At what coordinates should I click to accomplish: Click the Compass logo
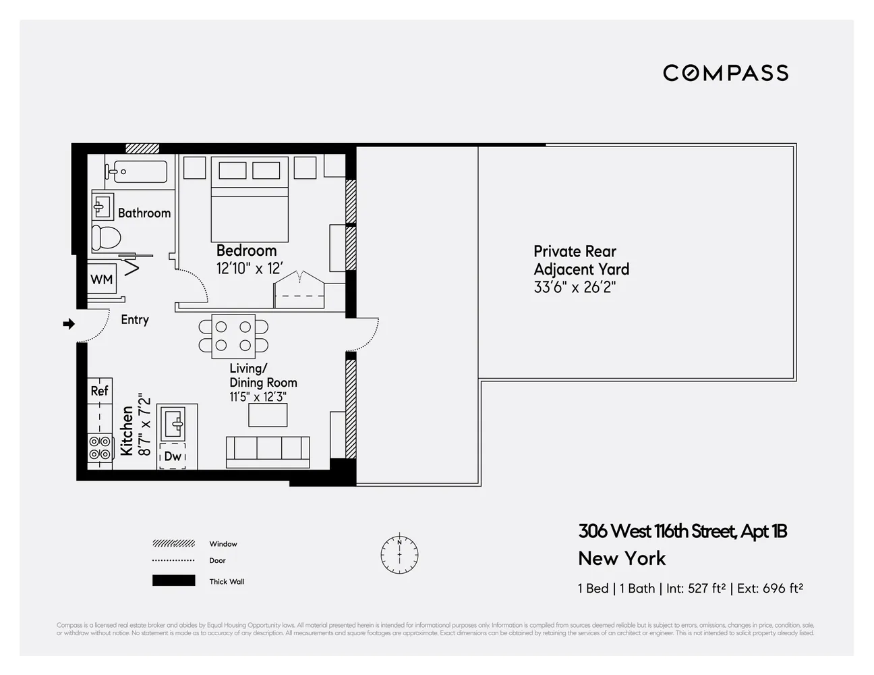tap(726, 73)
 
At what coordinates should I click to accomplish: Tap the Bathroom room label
tap(144, 213)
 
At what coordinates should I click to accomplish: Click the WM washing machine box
tap(102, 279)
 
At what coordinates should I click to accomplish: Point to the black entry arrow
tap(69, 325)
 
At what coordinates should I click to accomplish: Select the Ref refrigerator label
tap(99, 391)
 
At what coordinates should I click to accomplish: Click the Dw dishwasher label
tap(173, 456)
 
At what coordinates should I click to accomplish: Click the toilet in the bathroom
tap(107, 237)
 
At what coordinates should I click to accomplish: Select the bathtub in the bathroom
tap(136, 171)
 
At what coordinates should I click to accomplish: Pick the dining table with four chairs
tap(233, 336)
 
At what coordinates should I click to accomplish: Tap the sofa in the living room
tap(268, 452)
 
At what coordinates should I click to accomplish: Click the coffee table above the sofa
tap(268, 415)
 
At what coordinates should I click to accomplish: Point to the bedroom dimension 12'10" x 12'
tap(249, 269)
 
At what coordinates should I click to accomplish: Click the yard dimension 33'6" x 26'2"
tap(575, 287)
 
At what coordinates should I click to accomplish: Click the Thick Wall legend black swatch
tap(173, 581)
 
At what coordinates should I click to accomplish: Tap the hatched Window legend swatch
tap(173, 544)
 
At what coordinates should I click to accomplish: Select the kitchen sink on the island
tap(172, 425)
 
